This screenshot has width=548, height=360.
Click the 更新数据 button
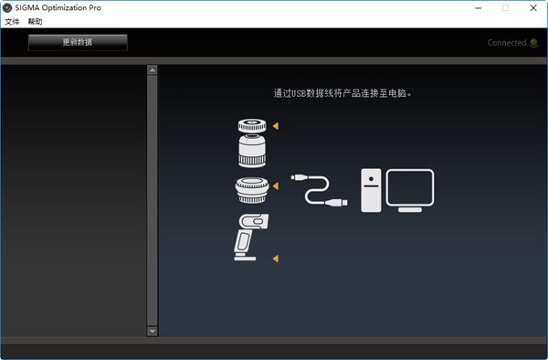click(x=78, y=42)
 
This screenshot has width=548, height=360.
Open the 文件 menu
click(x=12, y=21)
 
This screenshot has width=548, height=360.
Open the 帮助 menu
click(x=35, y=21)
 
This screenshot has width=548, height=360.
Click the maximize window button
click(x=505, y=7)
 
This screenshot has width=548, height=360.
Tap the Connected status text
click(x=506, y=43)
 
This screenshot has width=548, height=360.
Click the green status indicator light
click(x=534, y=43)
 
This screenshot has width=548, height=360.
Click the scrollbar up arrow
click(x=153, y=69)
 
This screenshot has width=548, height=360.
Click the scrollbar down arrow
click(x=153, y=331)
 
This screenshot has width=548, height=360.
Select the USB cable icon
click(x=318, y=189)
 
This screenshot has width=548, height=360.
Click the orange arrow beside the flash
click(x=274, y=259)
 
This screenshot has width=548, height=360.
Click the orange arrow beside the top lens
click(x=274, y=126)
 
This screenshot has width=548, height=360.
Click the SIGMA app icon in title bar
click(x=7, y=7)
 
